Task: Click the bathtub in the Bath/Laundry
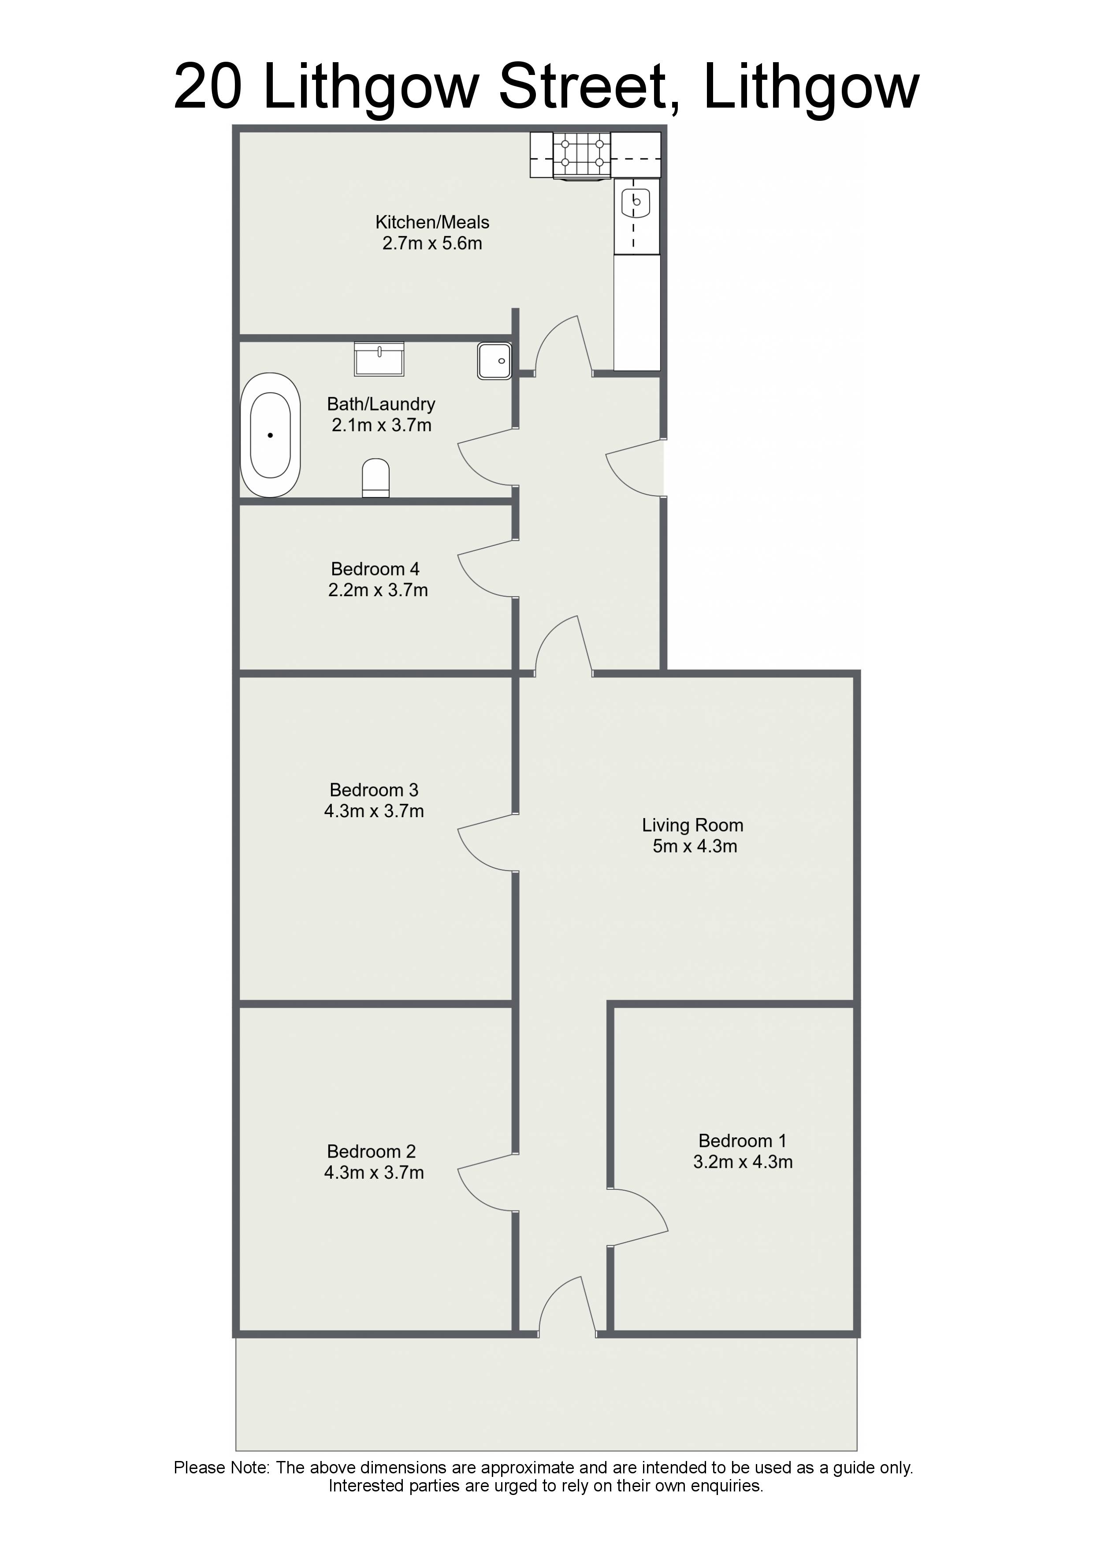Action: click(x=270, y=435)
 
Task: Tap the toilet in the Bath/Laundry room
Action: click(x=376, y=478)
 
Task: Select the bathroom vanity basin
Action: click(x=379, y=359)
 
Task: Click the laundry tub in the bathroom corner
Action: click(x=494, y=360)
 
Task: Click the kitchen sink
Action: click(x=636, y=202)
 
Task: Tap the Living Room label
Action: click(x=692, y=826)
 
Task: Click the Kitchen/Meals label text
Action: click(x=432, y=222)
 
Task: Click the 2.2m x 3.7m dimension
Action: click(x=378, y=590)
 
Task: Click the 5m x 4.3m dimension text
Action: click(x=695, y=846)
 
